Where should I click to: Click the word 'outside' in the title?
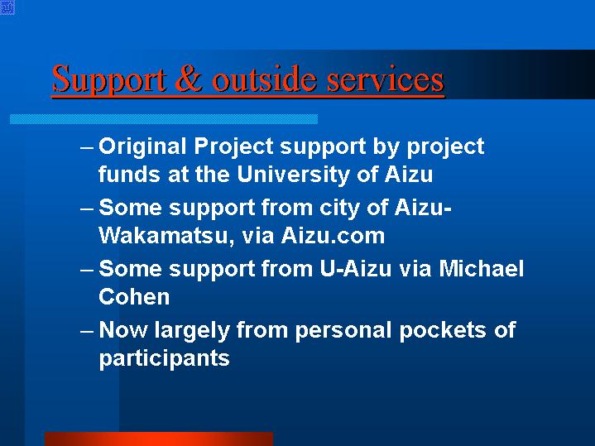coord(264,79)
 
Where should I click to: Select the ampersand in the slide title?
coord(189,79)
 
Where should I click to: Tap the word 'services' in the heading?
coord(385,79)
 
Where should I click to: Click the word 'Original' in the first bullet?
coord(142,147)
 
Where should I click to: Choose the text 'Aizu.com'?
coord(333,235)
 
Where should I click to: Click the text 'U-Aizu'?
coord(355,269)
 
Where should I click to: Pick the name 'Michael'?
coord(481,269)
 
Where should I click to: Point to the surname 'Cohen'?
coord(134,296)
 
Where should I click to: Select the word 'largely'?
coord(192,331)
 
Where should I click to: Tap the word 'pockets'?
coord(443,330)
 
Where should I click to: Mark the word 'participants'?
coord(165,358)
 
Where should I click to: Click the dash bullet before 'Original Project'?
coord(87,147)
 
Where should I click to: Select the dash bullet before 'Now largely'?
coord(87,331)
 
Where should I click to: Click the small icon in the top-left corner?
coord(7,7)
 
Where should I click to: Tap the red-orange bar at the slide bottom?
coord(159,439)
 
